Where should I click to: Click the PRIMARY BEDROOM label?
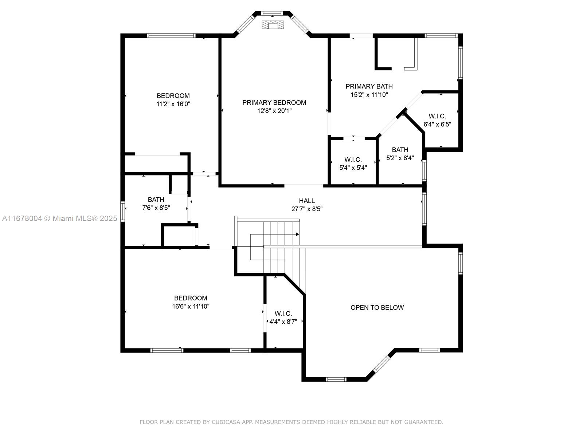[x=274, y=103]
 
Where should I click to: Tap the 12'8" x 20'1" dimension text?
[x=274, y=111]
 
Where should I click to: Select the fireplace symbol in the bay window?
[x=273, y=24]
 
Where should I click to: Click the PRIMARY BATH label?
[x=369, y=86]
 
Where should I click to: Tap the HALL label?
[x=307, y=201]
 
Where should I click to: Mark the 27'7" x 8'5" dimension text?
[x=307, y=209]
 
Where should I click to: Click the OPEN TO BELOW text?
[x=377, y=307]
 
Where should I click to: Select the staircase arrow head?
[x=297, y=234]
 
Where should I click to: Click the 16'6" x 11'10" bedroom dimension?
[x=191, y=306]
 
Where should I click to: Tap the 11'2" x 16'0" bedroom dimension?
[x=173, y=104]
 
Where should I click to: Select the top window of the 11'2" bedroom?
[x=171, y=36]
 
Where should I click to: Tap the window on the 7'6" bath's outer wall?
[x=123, y=211]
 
